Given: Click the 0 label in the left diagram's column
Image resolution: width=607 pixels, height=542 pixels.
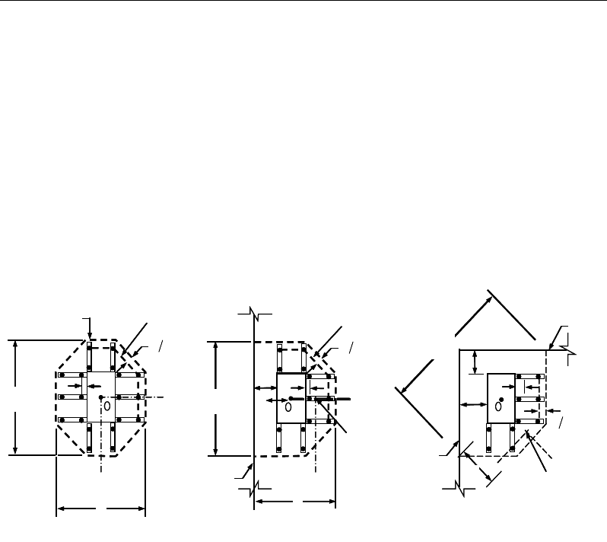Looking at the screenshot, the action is pos(107,406).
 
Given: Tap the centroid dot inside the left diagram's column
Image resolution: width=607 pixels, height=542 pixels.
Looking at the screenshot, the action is pos(100,397).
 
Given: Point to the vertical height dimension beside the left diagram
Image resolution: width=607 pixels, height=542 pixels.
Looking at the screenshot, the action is pos(16,397).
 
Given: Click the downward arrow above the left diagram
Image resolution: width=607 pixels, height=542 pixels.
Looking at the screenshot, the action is pos(90,327).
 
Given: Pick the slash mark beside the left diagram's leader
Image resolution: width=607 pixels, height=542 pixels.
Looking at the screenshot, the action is pos(161,348).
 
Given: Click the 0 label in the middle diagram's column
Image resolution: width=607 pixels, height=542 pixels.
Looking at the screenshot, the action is pos(288,407).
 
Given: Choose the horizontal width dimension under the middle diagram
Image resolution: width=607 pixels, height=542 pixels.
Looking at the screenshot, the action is pos(295,502).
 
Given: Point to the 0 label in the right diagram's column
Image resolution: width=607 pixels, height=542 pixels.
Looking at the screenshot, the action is pos(497,406).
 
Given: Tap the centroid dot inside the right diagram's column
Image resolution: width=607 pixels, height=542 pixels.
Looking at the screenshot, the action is pos(501,399).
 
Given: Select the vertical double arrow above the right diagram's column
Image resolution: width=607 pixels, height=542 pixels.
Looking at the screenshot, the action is pos(475,361).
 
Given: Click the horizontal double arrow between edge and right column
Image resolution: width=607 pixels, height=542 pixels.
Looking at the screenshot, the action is pos(473,403).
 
